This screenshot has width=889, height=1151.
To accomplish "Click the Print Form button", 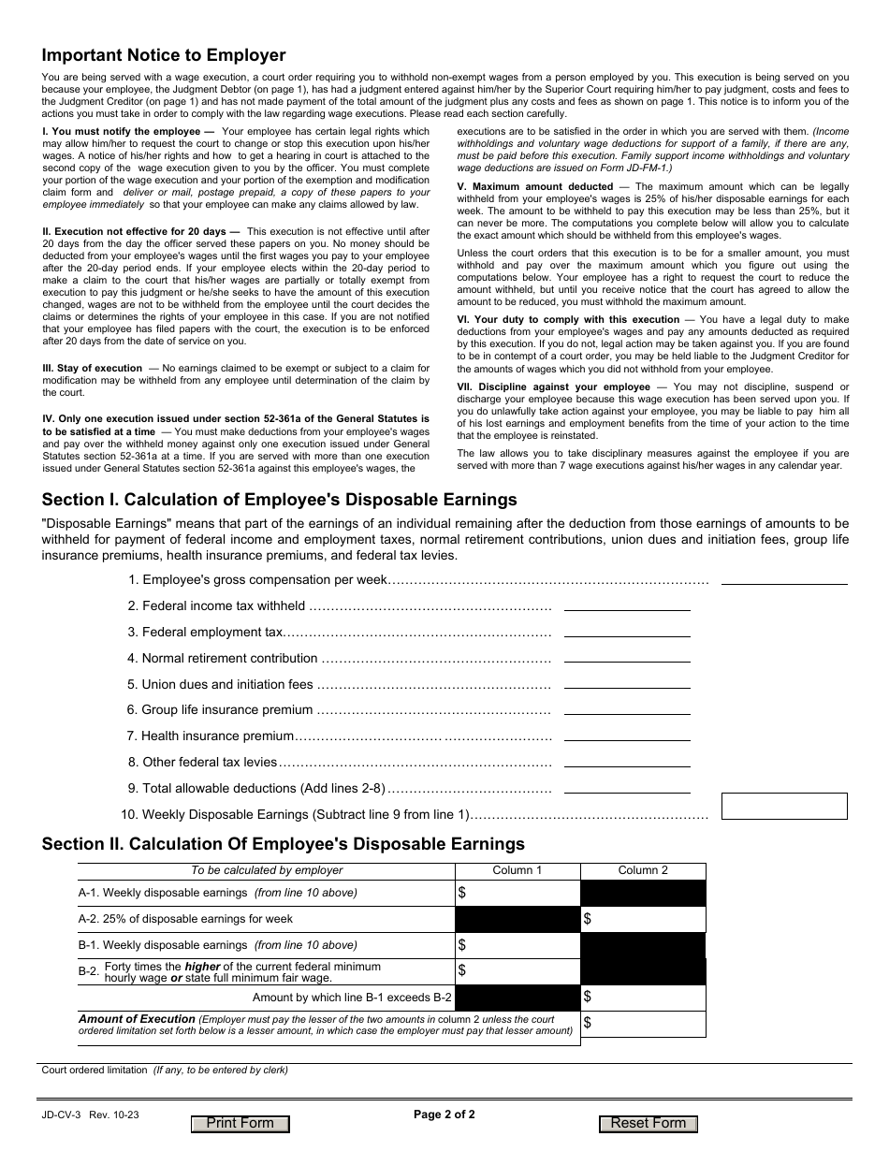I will click(x=240, y=1124).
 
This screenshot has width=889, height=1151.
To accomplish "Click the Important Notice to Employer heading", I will click(x=164, y=55).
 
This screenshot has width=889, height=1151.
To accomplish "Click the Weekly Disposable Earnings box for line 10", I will click(x=783, y=807).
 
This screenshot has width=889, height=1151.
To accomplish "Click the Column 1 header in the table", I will click(x=517, y=870).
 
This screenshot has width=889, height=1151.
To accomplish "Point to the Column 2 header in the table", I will click(x=643, y=870).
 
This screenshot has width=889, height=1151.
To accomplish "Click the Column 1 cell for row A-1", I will click(x=517, y=893).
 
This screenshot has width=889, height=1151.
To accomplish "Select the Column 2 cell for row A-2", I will click(x=643, y=919).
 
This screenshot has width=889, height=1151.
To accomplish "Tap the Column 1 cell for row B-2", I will click(x=517, y=971).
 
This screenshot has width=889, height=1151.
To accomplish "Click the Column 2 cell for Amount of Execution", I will click(x=643, y=1024).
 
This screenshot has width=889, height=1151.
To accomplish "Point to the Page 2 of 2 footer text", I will click(x=444, y=1115).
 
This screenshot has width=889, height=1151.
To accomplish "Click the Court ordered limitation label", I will click(x=95, y=1070).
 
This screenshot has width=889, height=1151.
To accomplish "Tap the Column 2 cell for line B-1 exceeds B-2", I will click(x=643, y=998).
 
